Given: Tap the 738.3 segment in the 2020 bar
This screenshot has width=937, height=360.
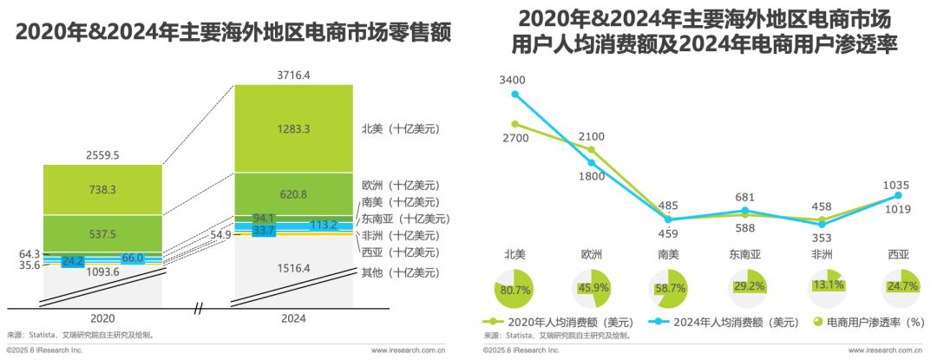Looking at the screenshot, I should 102,189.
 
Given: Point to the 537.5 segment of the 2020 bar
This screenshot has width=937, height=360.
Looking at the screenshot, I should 102,234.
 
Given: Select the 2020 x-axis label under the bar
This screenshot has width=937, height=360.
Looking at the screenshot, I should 102,318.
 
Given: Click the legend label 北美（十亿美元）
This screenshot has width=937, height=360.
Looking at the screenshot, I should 400,128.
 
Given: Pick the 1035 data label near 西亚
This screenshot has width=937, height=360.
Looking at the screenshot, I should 897,185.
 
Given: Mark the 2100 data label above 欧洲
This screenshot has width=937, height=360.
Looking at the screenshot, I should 591,137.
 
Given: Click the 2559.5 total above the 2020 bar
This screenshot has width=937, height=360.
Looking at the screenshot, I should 102,154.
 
